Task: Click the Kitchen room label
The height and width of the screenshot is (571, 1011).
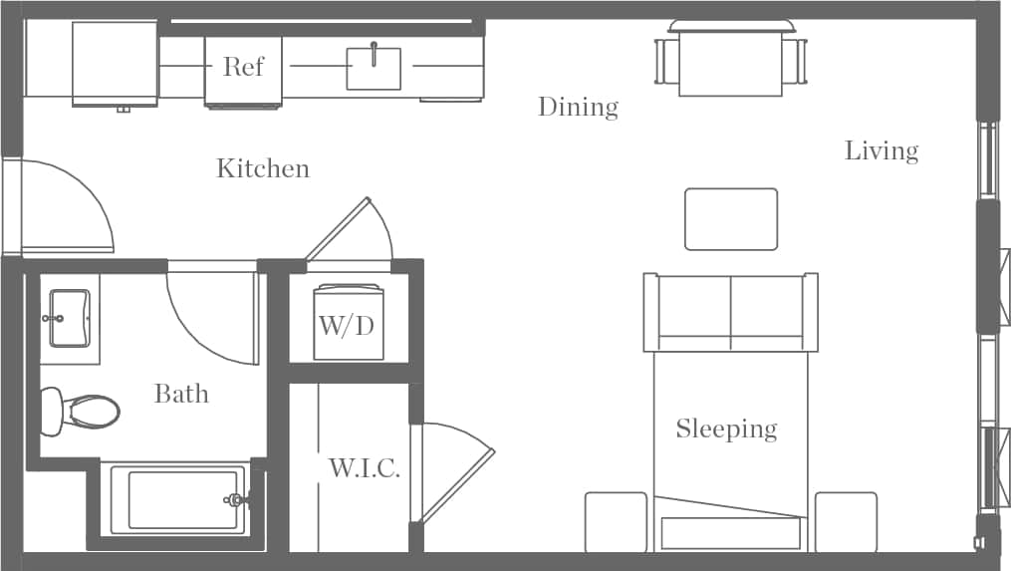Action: click(x=263, y=168)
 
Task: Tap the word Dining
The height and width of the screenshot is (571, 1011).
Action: click(x=578, y=107)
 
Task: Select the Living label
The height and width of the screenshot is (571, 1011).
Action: click(x=882, y=150)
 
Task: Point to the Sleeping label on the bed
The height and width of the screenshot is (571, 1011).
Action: click(x=726, y=429)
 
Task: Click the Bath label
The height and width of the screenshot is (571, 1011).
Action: click(x=181, y=394)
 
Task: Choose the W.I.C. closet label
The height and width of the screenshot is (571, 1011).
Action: click(x=365, y=468)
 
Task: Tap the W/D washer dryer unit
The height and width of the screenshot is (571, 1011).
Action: click(x=349, y=324)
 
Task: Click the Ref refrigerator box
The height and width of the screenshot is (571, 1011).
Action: click(x=243, y=68)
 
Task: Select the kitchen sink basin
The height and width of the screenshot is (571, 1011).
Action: click(x=374, y=69)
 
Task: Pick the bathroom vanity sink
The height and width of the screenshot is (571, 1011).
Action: click(x=70, y=318)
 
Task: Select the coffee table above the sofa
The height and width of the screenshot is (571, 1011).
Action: click(x=730, y=219)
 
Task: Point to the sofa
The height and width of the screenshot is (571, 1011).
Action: click(x=730, y=313)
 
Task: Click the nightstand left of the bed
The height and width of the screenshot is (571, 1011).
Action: click(x=615, y=521)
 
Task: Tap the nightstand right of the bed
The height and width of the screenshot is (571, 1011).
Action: click(x=846, y=521)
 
